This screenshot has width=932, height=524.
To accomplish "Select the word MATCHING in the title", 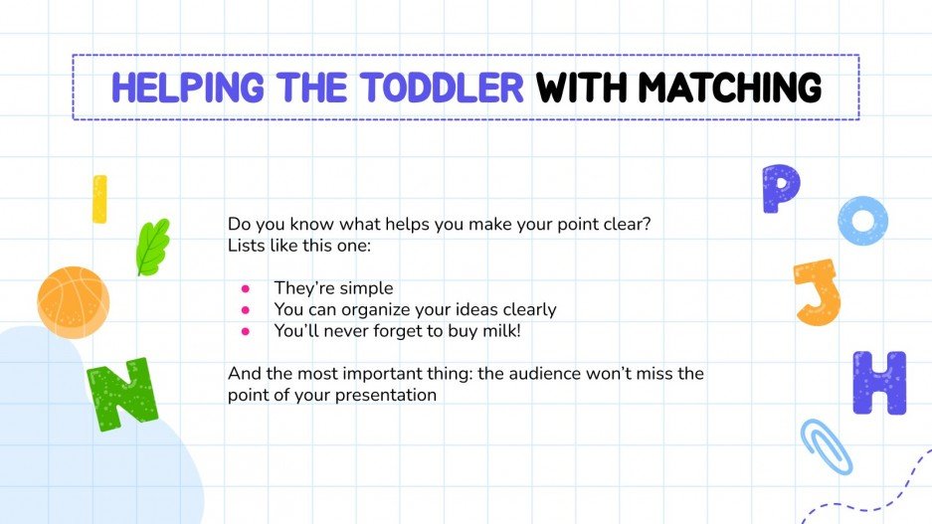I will point(728,88).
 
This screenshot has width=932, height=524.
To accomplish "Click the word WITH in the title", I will point(581,88).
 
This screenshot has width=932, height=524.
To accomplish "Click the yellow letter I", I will point(98,199).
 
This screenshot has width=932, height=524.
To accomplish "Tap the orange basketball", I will point(73,302).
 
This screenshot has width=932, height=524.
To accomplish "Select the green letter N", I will point(121,392).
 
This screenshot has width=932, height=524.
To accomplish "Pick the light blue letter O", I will point(861,220).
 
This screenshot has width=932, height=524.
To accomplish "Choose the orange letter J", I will point(818,291).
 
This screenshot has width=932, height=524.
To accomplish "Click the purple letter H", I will point(879,383).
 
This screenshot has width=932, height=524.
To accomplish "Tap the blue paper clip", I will point(827,444).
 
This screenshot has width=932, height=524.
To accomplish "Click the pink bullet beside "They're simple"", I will point(245,289).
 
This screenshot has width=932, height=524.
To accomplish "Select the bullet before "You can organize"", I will point(245,310).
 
